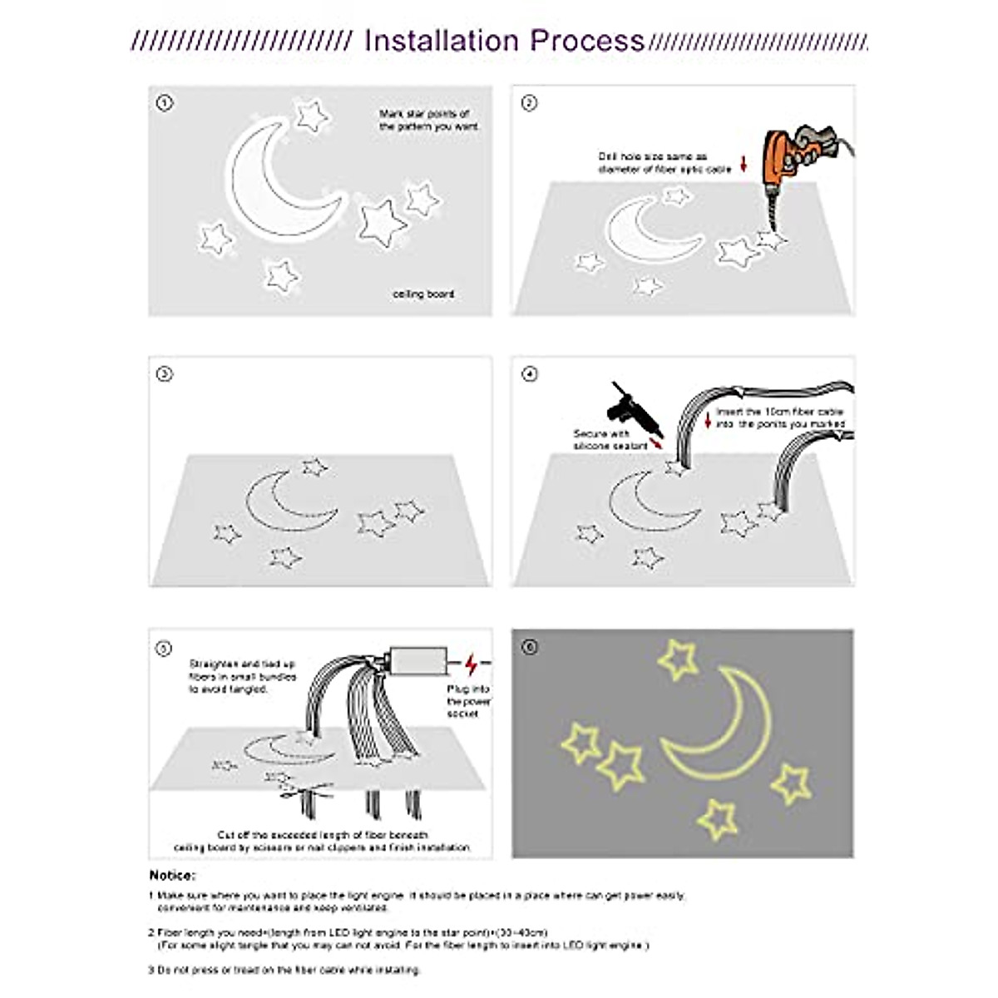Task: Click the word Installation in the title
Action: point(441,41)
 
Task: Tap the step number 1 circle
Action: point(165,103)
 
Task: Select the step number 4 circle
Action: point(529,374)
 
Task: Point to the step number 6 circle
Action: point(529,646)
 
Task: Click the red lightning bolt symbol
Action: point(472,664)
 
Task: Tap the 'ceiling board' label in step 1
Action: point(423,294)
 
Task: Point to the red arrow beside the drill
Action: point(744,165)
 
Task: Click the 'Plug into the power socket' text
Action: point(469,701)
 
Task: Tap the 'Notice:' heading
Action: point(172,875)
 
